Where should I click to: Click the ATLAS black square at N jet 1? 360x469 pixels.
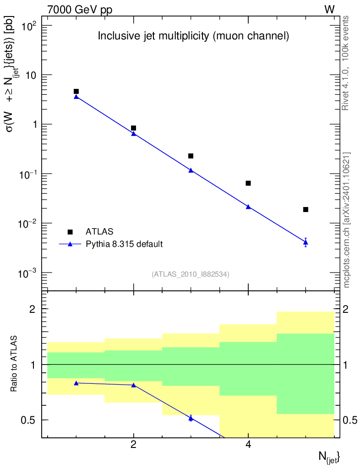[x=76, y=92]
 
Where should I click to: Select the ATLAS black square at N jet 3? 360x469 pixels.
[x=191, y=156]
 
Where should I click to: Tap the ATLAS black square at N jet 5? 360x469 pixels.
[x=305, y=209]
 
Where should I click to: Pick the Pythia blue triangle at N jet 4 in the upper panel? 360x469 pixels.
[x=248, y=207]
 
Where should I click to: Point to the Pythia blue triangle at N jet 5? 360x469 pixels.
[x=305, y=242]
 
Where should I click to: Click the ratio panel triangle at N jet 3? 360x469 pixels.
[x=191, y=418]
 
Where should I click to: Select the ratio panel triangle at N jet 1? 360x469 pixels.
[x=76, y=383]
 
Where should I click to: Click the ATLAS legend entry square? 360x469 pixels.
[x=70, y=232]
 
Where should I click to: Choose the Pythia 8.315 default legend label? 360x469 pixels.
[x=124, y=244]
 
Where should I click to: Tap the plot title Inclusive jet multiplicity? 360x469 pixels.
[x=193, y=37]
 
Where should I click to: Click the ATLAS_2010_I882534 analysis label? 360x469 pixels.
[x=191, y=274]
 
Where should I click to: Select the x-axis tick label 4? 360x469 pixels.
[x=248, y=444]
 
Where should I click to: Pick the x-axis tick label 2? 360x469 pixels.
[x=133, y=444]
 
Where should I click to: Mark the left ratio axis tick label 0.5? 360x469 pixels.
[x=31, y=420]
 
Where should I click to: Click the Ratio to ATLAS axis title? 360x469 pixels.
[x=15, y=364]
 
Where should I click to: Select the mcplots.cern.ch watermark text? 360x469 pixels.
[x=347, y=220]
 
